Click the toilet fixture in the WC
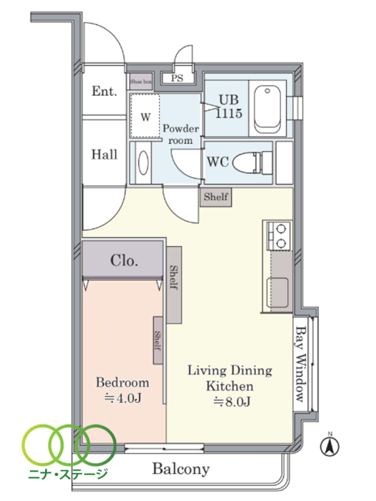pos(252,163)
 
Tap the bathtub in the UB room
pos(268,109)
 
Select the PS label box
pos(178,78)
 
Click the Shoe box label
pos(140,82)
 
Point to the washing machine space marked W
pos(145,116)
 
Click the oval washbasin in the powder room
pos(143,163)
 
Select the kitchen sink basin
pos(277,293)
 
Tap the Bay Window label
pos(301,364)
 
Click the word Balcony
pos(181,469)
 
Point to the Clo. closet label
pos(125,261)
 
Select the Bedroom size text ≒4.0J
pos(123,398)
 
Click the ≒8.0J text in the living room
pos(232,402)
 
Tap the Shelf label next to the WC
pos(216,197)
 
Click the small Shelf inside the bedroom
pos(158,340)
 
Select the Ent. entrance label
pos(105,91)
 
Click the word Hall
pos(105,155)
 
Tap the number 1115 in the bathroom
pos(229,113)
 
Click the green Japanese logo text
pos(68,474)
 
